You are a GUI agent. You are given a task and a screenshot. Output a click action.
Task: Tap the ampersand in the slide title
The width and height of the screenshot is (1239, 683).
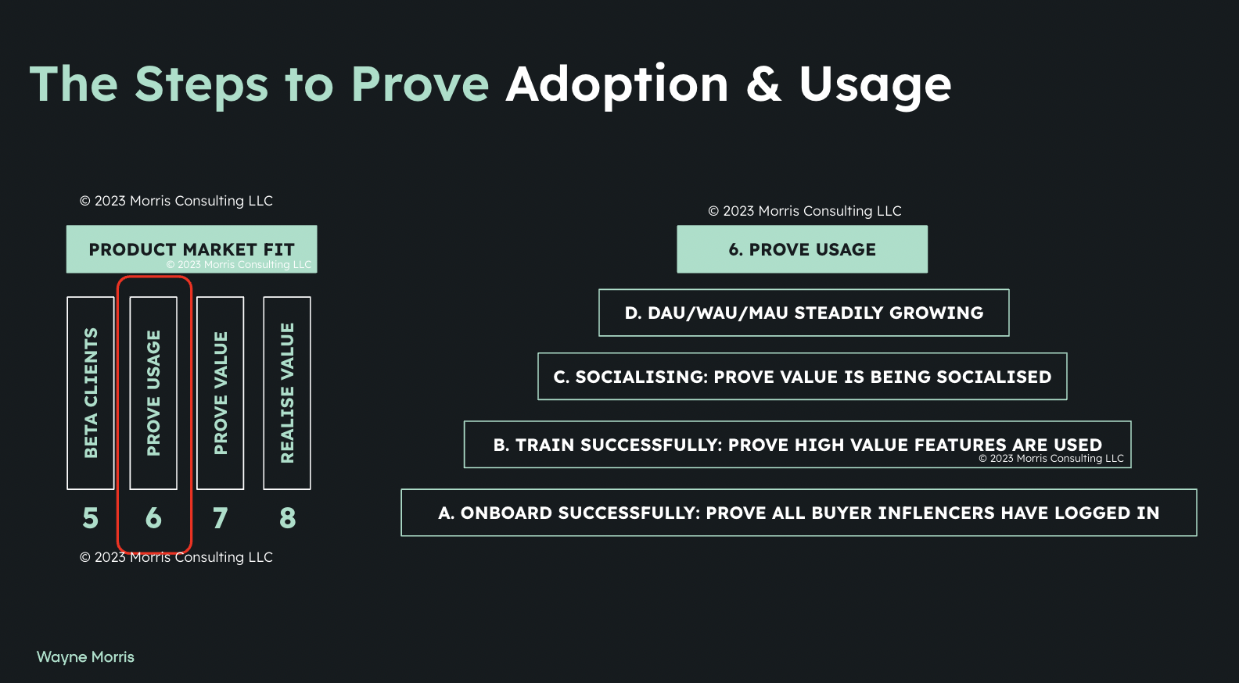tap(764, 84)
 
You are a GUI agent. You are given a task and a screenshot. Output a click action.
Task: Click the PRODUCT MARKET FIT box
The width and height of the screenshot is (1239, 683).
tap(192, 249)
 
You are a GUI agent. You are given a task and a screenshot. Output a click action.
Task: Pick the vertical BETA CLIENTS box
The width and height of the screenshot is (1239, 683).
tap(91, 393)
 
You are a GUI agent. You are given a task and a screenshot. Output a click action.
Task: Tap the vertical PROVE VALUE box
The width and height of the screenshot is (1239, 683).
tap(220, 393)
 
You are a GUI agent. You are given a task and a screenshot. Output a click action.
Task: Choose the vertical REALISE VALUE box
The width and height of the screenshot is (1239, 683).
tap(287, 393)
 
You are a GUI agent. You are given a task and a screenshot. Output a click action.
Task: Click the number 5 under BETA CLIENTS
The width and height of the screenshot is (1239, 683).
tap(91, 518)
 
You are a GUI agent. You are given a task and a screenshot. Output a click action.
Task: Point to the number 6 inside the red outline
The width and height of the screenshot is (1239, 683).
tap(154, 518)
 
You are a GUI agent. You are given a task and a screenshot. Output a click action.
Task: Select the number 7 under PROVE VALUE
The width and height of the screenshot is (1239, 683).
tap(220, 518)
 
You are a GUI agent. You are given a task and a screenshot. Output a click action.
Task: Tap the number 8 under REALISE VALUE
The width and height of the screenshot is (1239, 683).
tap(287, 518)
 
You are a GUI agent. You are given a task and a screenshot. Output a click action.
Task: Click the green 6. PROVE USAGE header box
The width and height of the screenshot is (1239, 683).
tap(802, 249)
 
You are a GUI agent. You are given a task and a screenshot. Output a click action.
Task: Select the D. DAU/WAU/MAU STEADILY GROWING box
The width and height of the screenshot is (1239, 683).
tap(803, 313)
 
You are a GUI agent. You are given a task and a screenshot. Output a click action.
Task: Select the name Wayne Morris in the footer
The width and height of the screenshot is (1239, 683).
tap(85, 657)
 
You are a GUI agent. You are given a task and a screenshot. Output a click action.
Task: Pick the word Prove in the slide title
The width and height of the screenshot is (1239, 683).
tap(420, 84)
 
